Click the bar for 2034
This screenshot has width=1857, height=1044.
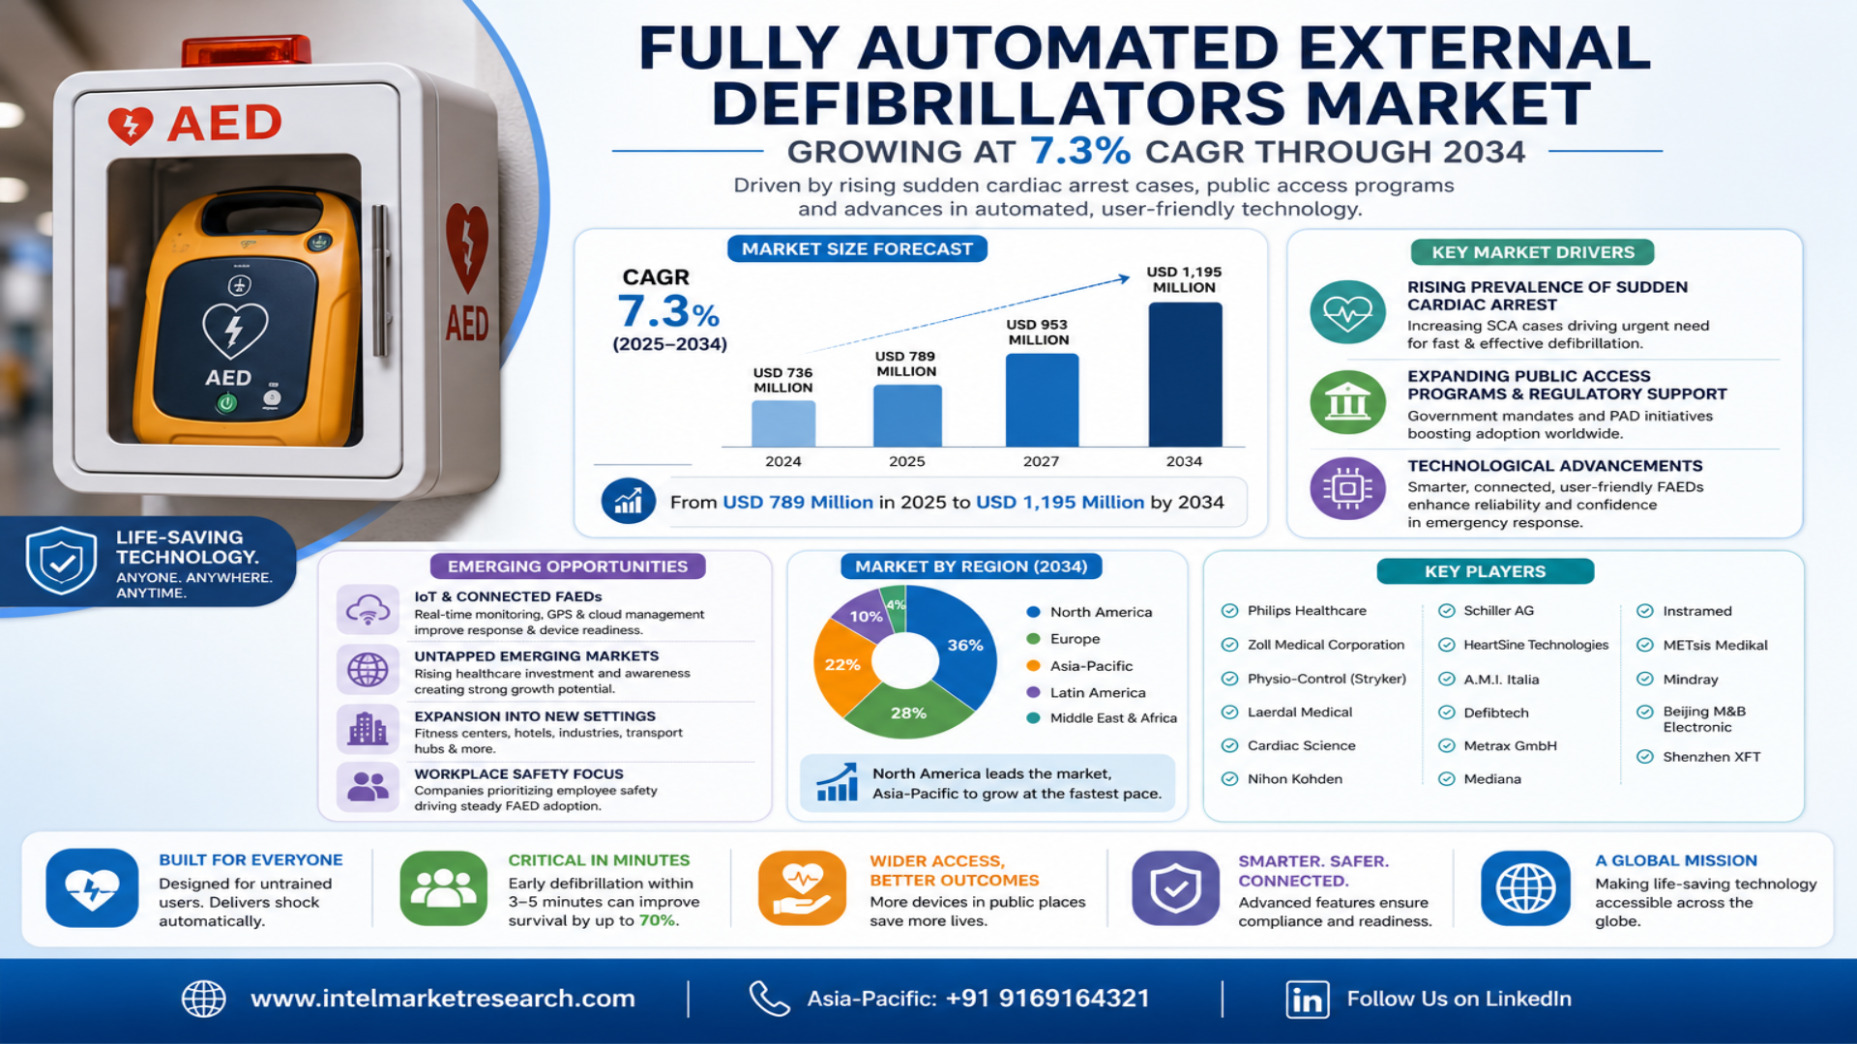1185,374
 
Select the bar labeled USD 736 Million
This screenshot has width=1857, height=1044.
783,423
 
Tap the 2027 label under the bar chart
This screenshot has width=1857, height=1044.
1041,461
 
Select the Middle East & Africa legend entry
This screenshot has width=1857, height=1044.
1102,718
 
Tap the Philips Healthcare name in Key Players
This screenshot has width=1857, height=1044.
1307,611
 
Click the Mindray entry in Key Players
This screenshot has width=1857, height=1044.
1690,680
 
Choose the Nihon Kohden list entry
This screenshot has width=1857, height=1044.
1294,779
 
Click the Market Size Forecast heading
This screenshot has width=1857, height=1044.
857,249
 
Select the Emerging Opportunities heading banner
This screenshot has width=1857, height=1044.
568,566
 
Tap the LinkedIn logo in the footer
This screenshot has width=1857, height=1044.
1307,1000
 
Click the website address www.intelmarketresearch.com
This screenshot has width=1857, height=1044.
443,999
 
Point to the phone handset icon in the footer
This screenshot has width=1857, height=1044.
769,999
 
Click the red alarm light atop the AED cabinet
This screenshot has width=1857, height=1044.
247,50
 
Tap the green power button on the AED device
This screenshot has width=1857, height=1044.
226,403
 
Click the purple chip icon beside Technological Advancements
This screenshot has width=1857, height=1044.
1347,488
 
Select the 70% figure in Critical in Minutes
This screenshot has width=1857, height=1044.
658,920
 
